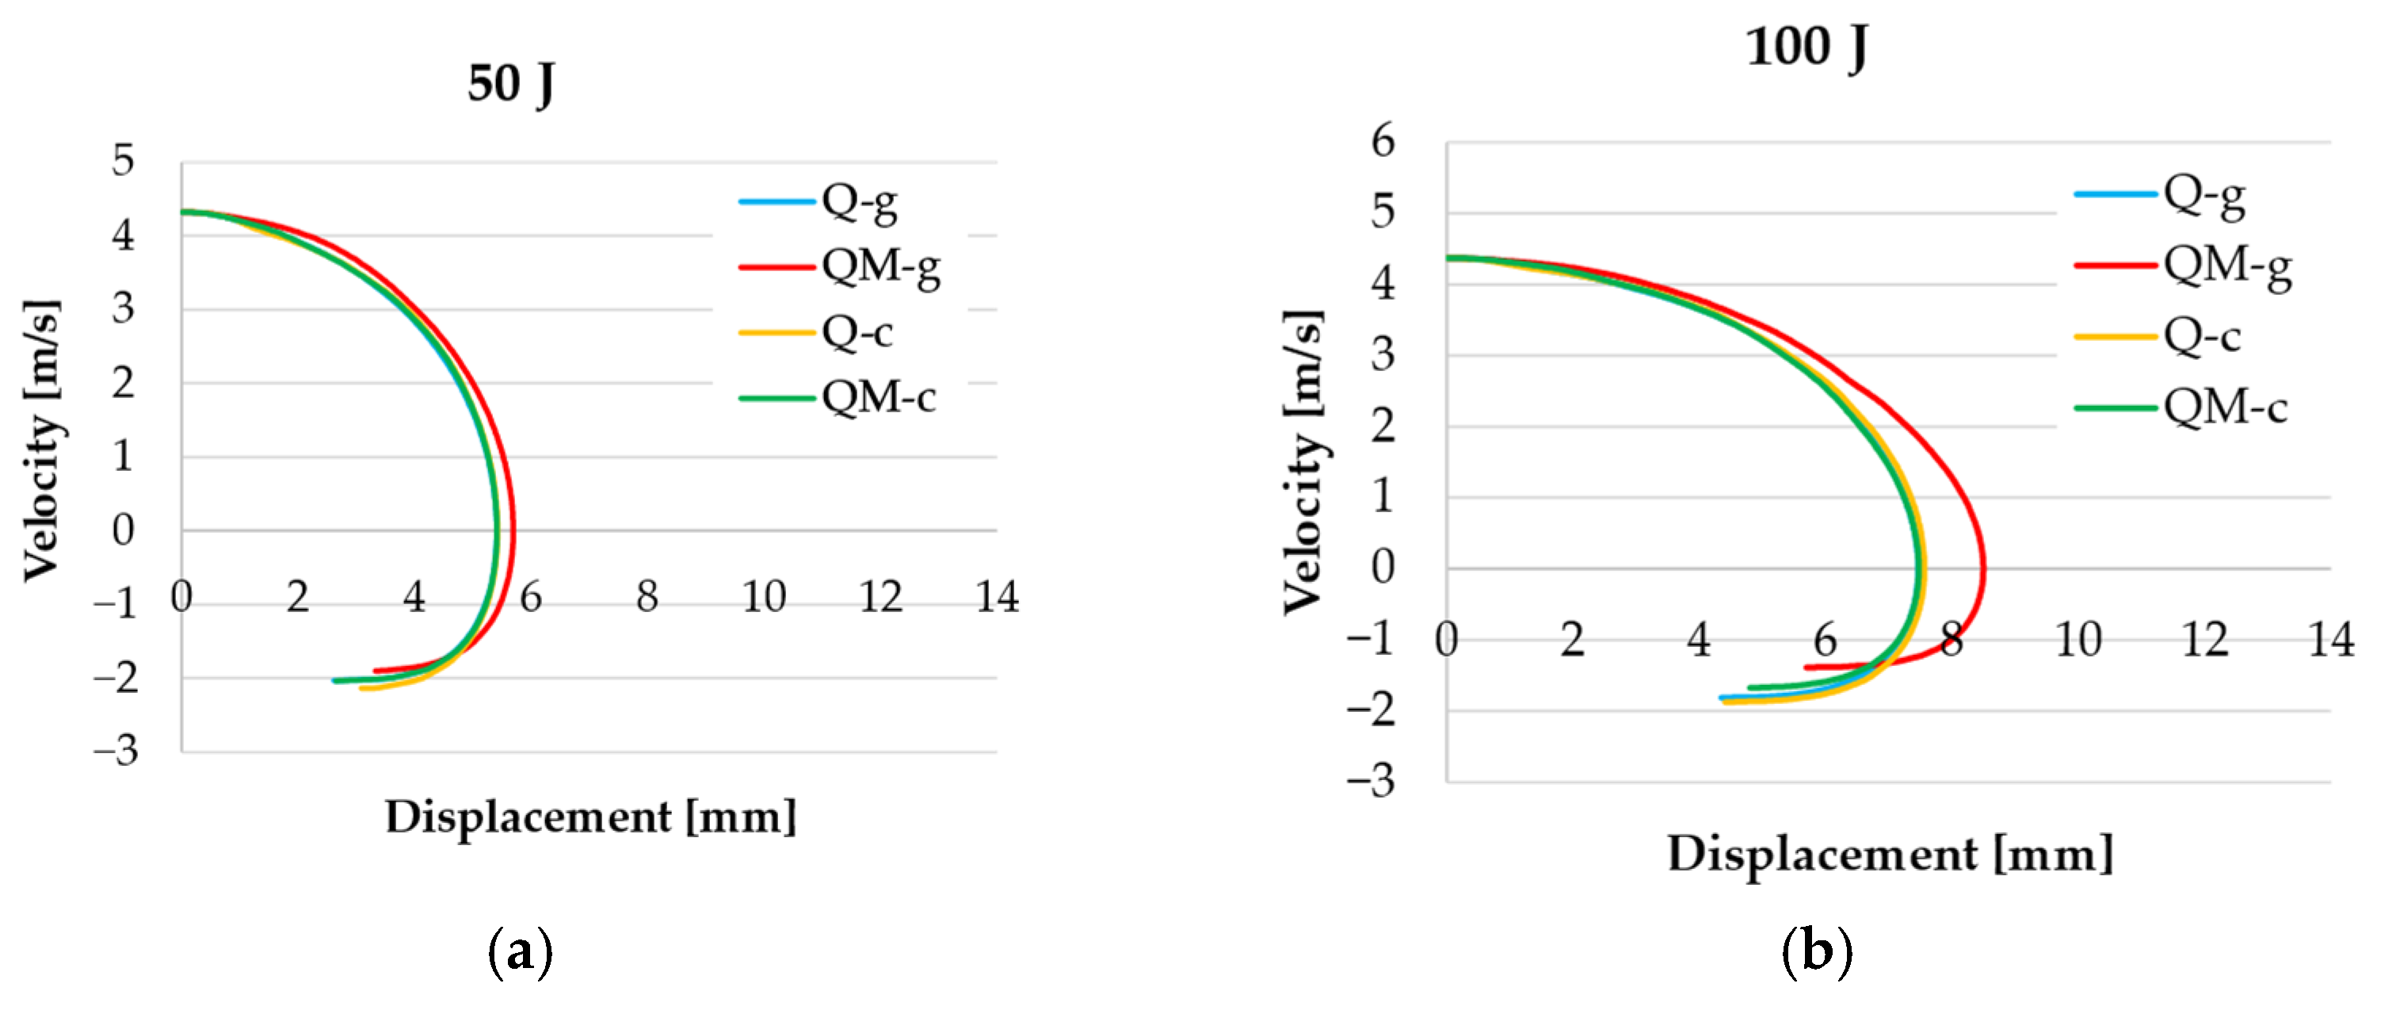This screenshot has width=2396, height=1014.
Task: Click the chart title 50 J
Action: click(510, 84)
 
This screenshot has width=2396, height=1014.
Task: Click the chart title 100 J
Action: click(1807, 47)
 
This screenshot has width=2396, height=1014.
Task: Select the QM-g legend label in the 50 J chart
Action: click(881, 267)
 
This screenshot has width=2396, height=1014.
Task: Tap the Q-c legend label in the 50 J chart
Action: click(857, 332)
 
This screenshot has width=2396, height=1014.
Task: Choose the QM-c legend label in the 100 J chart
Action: click(2225, 408)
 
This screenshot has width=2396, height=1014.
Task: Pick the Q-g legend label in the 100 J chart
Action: click(2203, 195)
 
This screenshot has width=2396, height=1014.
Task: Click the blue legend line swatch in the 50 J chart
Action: click(776, 201)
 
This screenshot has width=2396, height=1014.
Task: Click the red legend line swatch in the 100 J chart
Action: click(2114, 265)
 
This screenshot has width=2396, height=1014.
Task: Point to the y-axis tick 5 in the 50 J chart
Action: click(123, 161)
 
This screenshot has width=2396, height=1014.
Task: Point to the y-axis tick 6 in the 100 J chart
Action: click(1383, 141)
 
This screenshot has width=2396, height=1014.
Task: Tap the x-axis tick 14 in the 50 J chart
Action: click(996, 597)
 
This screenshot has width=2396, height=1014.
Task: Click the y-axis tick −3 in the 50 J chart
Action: click(116, 751)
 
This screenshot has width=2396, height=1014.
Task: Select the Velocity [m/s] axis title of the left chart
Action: click(42, 440)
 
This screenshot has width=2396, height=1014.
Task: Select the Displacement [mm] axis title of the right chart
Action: click(1889, 854)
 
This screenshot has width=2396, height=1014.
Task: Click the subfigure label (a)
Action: click(520, 951)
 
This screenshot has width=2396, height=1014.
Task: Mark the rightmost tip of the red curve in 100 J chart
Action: click(1984, 568)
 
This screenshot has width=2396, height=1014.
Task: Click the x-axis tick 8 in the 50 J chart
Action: click(647, 597)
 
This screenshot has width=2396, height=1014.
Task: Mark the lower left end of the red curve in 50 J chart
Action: click(375, 670)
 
